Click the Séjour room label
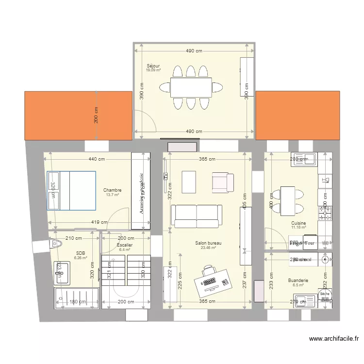coord(153,66)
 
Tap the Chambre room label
coord(112,190)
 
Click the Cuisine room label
coord(298,223)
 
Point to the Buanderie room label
coord(298,281)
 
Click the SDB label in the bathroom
coord(80,253)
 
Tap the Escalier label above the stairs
coord(125,245)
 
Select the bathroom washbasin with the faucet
coord(63,273)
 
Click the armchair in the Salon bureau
coord(223,182)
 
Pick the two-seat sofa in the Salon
coord(197,216)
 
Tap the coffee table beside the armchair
coord(188,181)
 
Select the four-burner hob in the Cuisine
coord(325,212)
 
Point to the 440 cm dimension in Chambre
coord(97,159)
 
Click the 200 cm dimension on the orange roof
coord(96,115)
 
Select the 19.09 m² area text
coord(153,70)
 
